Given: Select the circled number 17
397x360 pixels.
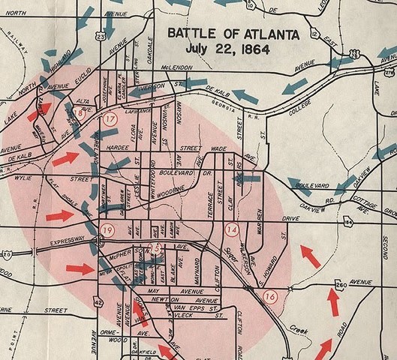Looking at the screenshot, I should pos(112,119).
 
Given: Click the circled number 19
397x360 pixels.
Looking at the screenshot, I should pos(107,230).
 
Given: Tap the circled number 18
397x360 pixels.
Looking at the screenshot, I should pos(80,112).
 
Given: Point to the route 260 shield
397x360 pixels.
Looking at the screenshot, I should pos(341,286).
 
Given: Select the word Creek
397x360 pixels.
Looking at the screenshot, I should pos(302,328).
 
